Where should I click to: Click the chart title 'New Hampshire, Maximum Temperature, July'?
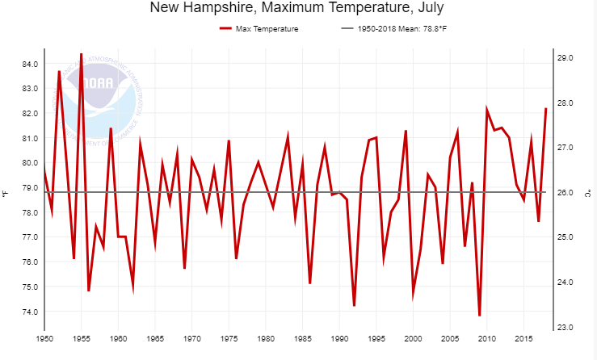click(296, 9)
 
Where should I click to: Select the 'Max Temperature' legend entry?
click(259, 29)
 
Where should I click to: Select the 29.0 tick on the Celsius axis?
click(565, 58)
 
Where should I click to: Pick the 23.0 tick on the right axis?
click(565, 328)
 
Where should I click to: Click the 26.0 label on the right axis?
click(565, 193)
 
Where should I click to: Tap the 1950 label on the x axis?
click(44, 337)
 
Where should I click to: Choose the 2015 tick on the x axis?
click(523, 337)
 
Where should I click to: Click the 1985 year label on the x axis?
click(302, 337)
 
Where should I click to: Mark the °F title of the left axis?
click(6, 193)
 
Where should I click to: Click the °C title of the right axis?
click(589, 193)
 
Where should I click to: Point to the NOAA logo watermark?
click(106, 100)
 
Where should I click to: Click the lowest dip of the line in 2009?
click(479, 316)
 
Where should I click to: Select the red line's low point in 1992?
click(354, 305)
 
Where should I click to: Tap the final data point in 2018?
click(545, 109)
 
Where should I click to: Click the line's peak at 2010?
click(486, 109)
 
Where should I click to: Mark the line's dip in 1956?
click(89, 291)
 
